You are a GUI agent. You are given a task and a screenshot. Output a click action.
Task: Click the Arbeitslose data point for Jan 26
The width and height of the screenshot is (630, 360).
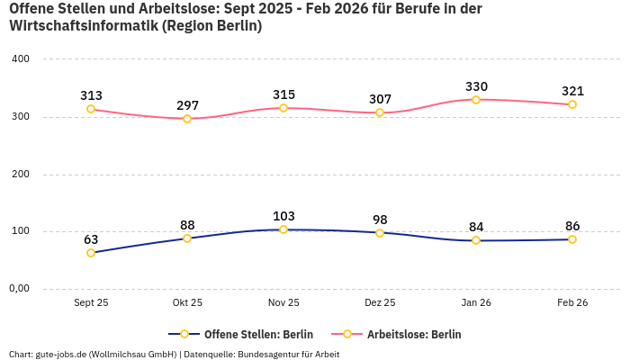(476, 100)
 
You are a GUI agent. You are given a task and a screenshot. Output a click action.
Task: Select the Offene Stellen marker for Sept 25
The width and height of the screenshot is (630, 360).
(91, 253)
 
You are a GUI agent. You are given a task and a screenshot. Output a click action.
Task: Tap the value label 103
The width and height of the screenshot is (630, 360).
(283, 216)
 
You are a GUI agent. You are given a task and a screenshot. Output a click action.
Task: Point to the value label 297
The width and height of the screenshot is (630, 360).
(187, 104)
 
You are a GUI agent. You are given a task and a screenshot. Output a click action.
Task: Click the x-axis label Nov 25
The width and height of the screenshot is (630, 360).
(283, 303)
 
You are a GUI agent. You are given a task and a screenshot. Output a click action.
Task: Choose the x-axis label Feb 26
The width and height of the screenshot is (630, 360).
(571, 303)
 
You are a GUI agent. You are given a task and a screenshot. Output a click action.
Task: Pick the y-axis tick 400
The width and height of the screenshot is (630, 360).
(20, 59)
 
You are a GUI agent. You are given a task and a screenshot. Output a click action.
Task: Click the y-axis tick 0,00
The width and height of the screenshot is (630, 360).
(20, 289)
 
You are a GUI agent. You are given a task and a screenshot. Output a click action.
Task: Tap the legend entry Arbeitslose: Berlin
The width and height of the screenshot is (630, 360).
(413, 334)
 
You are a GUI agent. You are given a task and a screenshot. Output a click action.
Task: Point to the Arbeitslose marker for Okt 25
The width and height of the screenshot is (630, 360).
(187, 119)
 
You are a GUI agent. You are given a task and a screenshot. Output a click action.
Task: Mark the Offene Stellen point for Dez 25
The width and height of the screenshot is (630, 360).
(380, 233)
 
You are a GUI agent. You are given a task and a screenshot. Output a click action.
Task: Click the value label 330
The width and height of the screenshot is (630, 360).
(476, 86)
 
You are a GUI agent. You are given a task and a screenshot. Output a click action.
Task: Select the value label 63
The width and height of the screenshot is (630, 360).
(91, 239)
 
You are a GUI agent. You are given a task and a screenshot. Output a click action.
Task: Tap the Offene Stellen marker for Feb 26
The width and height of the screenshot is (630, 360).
(571, 239)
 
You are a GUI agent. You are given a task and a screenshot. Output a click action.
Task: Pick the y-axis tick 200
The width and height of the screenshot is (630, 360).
(20, 174)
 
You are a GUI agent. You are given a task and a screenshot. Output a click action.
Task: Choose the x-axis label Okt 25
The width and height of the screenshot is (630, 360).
(187, 303)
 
